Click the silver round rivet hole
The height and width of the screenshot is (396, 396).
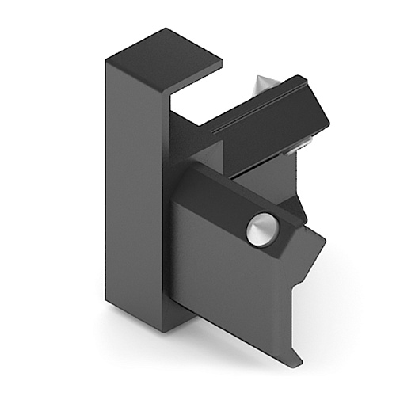coord(258,230)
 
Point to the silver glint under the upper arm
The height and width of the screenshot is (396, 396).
coord(299,147)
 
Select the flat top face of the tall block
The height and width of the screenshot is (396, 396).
coord(162,57)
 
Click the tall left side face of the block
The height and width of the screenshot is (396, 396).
coord(131,190)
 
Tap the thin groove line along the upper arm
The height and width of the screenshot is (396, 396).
coord(253,119)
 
